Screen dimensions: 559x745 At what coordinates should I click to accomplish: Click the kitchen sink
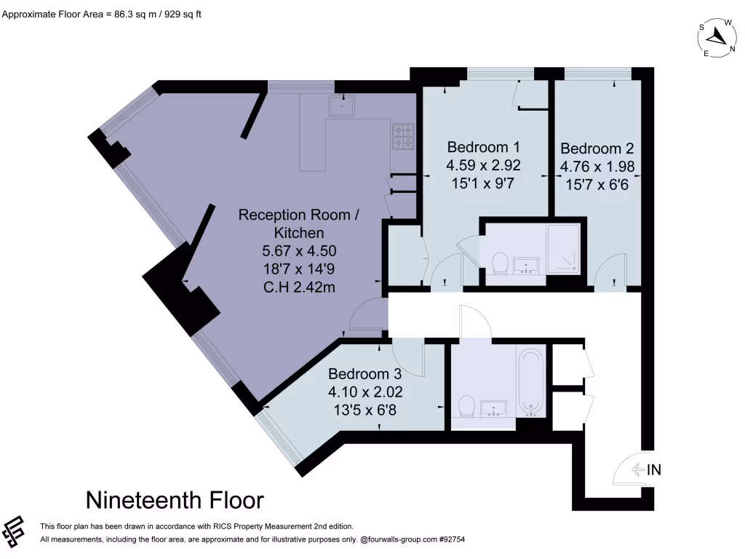pos(341,106)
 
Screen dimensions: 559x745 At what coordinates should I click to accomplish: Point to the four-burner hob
pos(403,135)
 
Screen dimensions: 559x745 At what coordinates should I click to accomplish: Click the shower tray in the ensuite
pos(564,249)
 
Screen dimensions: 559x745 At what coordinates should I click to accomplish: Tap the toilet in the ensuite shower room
pos(501,263)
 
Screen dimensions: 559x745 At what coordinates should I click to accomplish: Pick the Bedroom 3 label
pos(364,374)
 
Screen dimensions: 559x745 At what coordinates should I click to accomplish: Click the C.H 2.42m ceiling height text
pos(298,287)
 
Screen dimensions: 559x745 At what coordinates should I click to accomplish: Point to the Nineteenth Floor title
pos(175,500)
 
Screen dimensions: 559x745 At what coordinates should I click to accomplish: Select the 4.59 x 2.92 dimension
pos(483,165)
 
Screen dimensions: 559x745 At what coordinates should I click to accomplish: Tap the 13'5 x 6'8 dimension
pos(365,410)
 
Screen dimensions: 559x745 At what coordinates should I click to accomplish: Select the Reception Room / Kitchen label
pos(299,223)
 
